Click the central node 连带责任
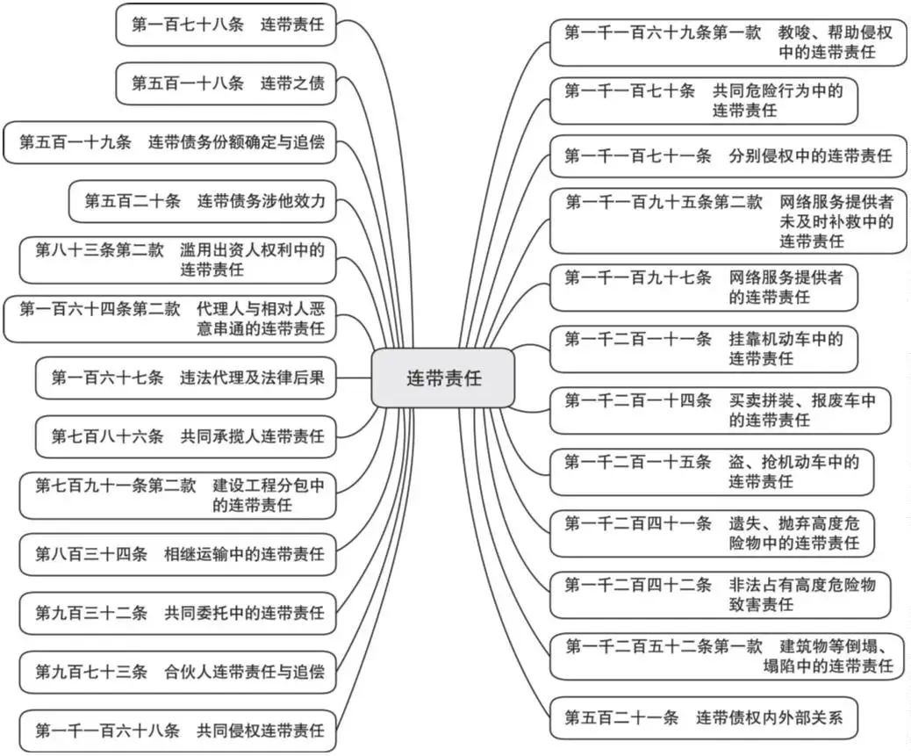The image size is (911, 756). coord(443,378)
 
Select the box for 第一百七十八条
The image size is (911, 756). coord(226,25)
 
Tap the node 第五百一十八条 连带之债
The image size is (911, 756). coord(226,83)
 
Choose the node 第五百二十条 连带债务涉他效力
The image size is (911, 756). coord(203,201)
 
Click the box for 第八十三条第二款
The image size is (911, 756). coord(178,260)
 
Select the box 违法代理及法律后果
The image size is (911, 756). coord(186,378)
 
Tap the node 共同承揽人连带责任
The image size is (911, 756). coord(186,436)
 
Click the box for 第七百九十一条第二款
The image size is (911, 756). coord(178,495)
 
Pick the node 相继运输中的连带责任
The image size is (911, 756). coord(178,554)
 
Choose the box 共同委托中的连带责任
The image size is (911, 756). coord(178,613)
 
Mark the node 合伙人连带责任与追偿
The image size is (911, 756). coord(178,672)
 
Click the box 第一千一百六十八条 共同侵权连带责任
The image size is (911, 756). coord(178,730)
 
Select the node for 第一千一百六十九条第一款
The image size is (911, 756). coord(728,42)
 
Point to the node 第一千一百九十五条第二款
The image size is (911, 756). coord(728,220)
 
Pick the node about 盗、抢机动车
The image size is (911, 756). coord(711,472)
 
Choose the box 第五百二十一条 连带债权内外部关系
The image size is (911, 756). coord(702,717)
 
